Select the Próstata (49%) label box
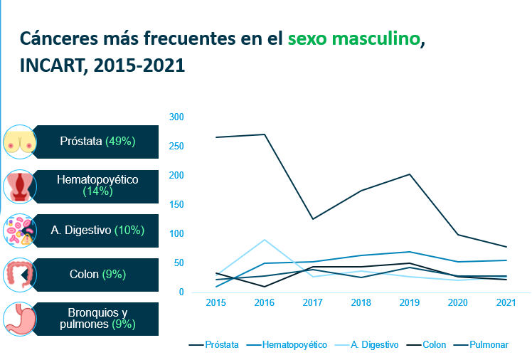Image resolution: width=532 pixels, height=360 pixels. (x=96, y=141)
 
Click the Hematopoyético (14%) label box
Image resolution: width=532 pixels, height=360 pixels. (x=96, y=185)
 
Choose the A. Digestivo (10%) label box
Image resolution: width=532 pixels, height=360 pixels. (x=96, y=230)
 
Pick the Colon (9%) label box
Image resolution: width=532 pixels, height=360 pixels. (x=96, y=273)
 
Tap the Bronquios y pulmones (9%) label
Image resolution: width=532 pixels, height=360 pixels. (x=96, y=319)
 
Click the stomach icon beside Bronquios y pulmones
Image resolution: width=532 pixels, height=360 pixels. (x=19, y=319)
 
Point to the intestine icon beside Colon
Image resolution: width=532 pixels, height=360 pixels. (x=19, y=274)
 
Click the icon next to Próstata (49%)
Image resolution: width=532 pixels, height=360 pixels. (x=19, y=141)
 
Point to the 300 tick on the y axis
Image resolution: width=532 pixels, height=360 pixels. (x=176, y=117)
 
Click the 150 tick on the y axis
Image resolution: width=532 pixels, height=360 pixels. (x=176, y=205)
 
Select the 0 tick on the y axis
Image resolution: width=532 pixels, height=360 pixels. (x=181, y=292)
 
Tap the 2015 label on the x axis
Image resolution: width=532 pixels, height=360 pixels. (x=216, y=302)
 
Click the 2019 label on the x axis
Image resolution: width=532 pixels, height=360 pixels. (x=409, y=302)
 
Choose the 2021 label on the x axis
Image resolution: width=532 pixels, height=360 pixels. (x=506, y=302)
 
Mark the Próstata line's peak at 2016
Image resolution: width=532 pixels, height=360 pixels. (x=264, y=134)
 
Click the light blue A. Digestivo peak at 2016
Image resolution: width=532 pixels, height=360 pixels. (x=264, y=240)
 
